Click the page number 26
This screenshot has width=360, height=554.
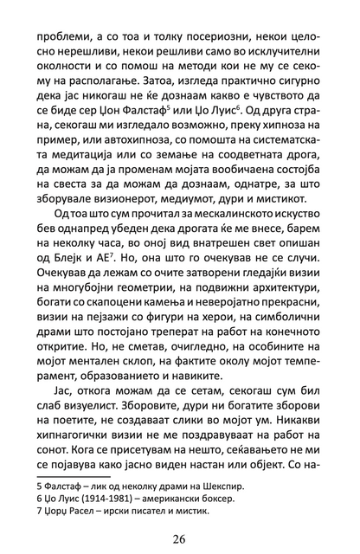tap(179, 538)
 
